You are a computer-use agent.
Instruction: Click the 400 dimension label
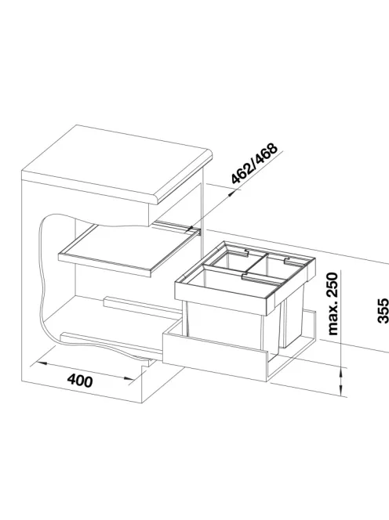[80, 381]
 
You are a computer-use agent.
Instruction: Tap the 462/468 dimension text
[254, 163]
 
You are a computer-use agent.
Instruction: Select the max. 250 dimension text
[333, 303]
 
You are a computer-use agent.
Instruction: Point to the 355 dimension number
[383, 310]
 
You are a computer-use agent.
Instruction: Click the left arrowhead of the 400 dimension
[41, 364]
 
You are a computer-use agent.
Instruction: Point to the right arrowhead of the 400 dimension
[128, 378]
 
